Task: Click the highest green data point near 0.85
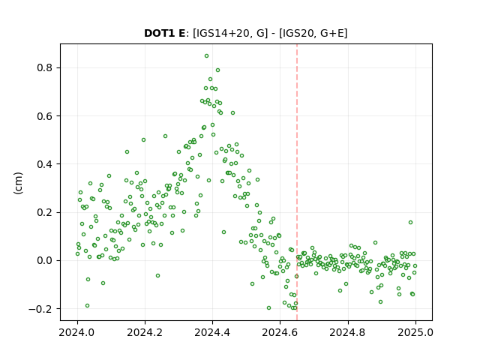pyautogui.click(x=207, y=56)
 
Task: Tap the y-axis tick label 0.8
pyautogui.click(x=44, y=67)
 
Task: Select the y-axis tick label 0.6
pyautogui.click(x=44, y=116)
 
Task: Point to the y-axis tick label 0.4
pyautogui.click(x=44, y=164)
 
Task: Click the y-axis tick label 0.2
pyautogui.click(x=44, y=212)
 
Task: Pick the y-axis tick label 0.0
pyautogui.click(x=44, y=260)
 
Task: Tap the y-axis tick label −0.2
pyautogui.click(x=40, y=309)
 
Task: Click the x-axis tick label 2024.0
pyautogui.click(x=77, y=332)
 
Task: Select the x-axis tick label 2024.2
pyautogui.click(x=145, y=332)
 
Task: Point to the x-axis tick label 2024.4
pyautogui.click(x=212, y=332)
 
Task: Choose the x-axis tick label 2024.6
pyautogui.click(x=280, y=332)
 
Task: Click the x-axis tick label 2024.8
pyautogui.click(x=348, y=332)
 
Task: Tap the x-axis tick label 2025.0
pyautogui.click(x=415, y=332)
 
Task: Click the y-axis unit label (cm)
pyautogui.click(x=18, y=183)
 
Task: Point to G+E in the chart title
pyautogui.click(x=332, y=33)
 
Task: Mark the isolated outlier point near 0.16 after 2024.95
pyautogui.click(x=410, y=223)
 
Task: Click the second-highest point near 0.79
pyautogui.click(x=218, y=70)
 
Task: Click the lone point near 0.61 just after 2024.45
pyautogui.click(x=232, y=113)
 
